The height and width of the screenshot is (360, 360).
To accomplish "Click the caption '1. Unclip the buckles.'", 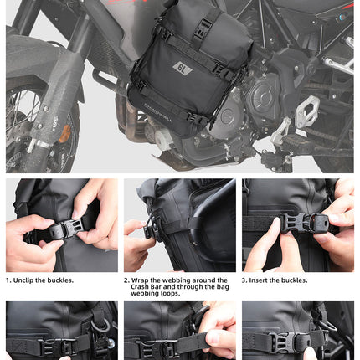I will pos(40,280).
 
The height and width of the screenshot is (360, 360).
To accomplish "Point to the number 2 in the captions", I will pos(126,280).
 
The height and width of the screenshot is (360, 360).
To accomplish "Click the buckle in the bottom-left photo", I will pos(59,343).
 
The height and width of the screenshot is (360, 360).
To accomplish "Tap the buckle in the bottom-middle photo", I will pos(167,346).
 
